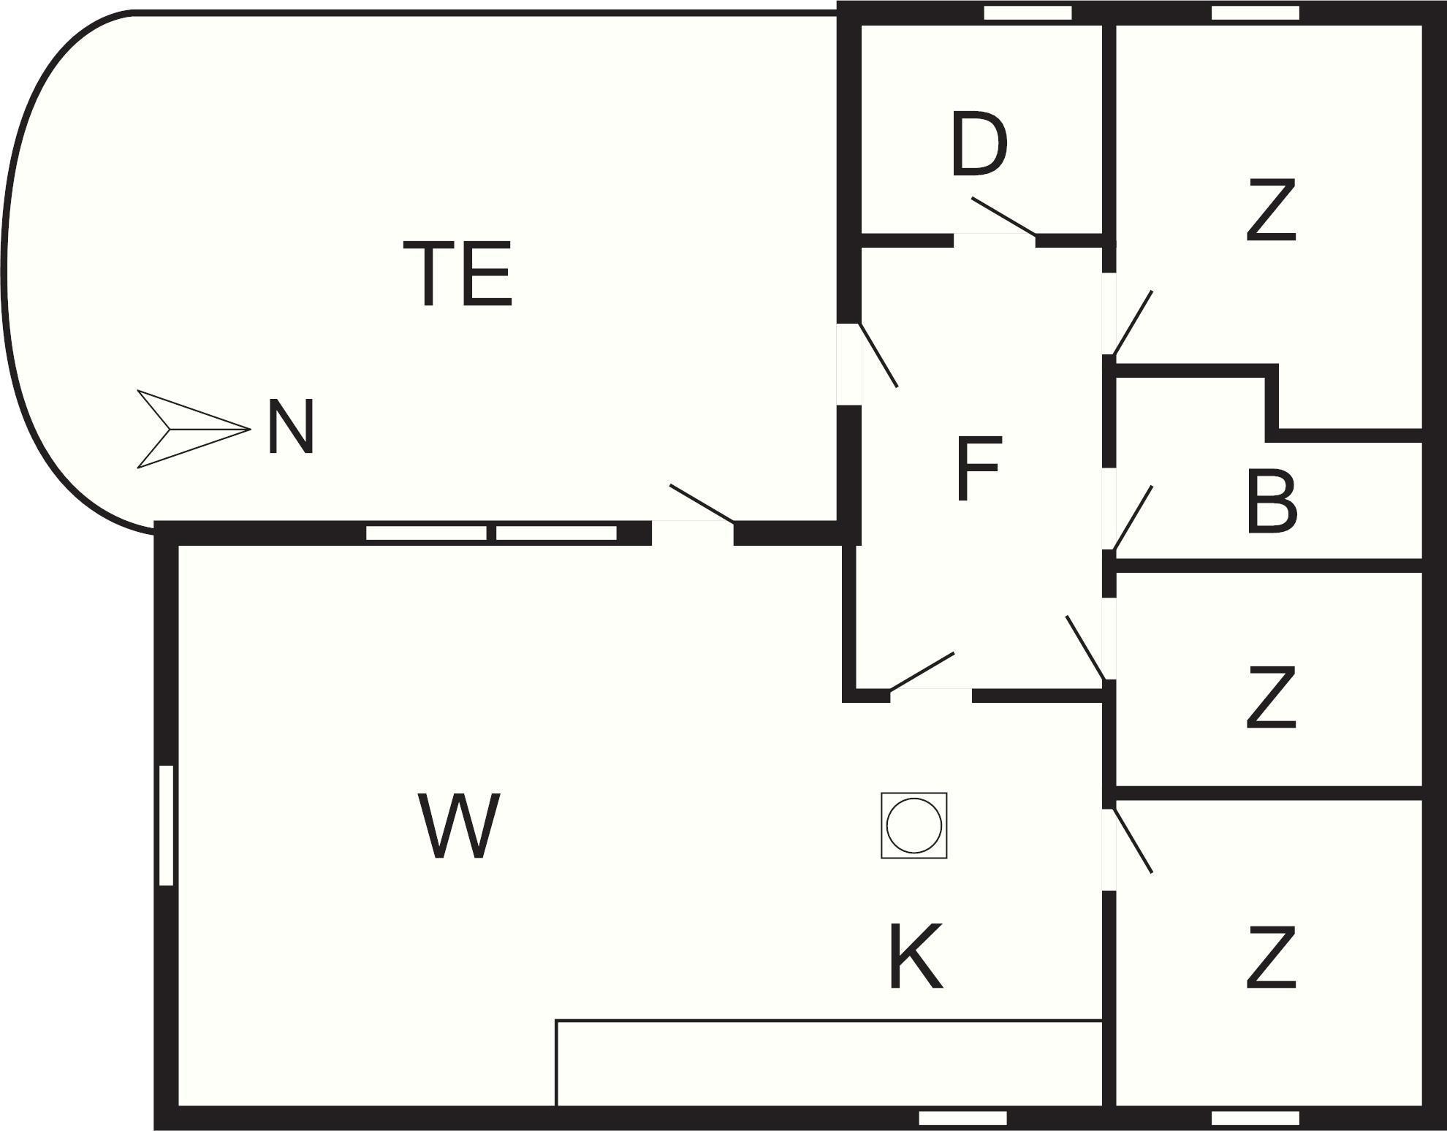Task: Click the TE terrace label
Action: tap(458, 274)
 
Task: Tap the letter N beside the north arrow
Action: tap(291, 427)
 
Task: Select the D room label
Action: tap(979, 145)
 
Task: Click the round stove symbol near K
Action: tap(914, 825)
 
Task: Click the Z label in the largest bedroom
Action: tap(1271, 210)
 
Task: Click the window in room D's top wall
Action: tap(1028, 13)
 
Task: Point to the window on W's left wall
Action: tap(166, 826)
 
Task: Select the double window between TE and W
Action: tap(491, 533)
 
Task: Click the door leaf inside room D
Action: tap(1003, 216)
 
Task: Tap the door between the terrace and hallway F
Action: tap(878, 355)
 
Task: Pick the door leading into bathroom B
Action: tap(1132, 518)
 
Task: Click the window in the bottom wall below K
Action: tap(962, 1118)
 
